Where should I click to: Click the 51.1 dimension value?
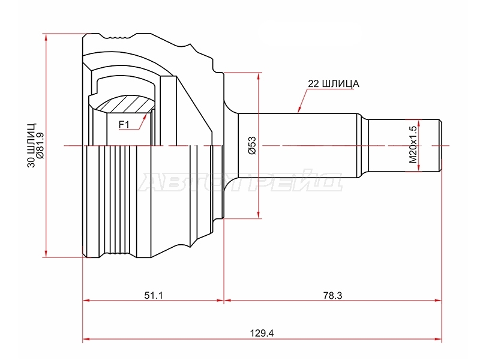(x=154, y=295)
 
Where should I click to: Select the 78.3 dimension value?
(x=332, y=295)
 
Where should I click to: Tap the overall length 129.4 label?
(x=262, y=333)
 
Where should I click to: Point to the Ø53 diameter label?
(x=251, y=145)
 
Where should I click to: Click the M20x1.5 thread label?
(x=413, y=144)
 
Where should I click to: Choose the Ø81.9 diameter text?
(x=40, y=145)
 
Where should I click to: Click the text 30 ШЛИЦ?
(x=32, y=145)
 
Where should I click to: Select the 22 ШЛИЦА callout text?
(x=334, y=83)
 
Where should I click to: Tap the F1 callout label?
(x=124, y=125)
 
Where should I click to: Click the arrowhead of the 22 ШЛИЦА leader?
(x=299, y=110)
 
